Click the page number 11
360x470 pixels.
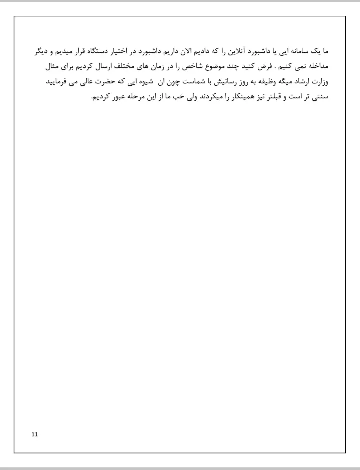[x=34, y=434]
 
